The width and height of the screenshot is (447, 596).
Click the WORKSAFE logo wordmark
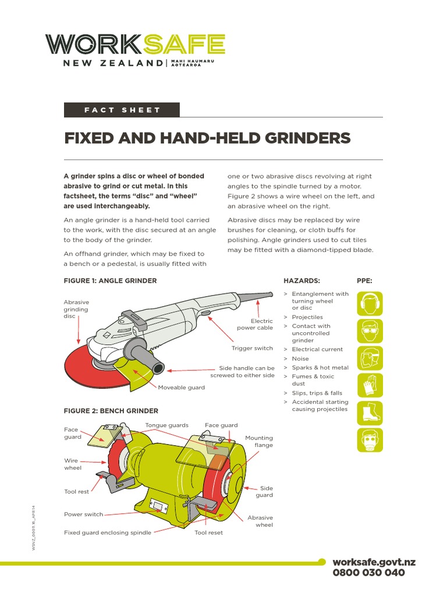coord(135,44)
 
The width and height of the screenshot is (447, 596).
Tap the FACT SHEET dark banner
coord(122,110)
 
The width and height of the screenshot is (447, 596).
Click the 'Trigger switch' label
coord(252,348)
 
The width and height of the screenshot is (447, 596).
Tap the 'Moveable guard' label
coord(181,388)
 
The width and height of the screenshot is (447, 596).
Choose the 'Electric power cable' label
coord(255,324)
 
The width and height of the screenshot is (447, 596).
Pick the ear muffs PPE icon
coord(370,303)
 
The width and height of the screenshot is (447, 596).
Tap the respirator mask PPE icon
coord(370,440)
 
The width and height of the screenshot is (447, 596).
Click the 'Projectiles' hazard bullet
coord(307,317)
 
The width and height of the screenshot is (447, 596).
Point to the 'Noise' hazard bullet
coord(300,359)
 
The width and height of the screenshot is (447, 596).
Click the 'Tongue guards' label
coord(166,425)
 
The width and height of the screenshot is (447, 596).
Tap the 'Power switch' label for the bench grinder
coord(83,515)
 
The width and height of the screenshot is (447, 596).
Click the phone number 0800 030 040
coord(368,573)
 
